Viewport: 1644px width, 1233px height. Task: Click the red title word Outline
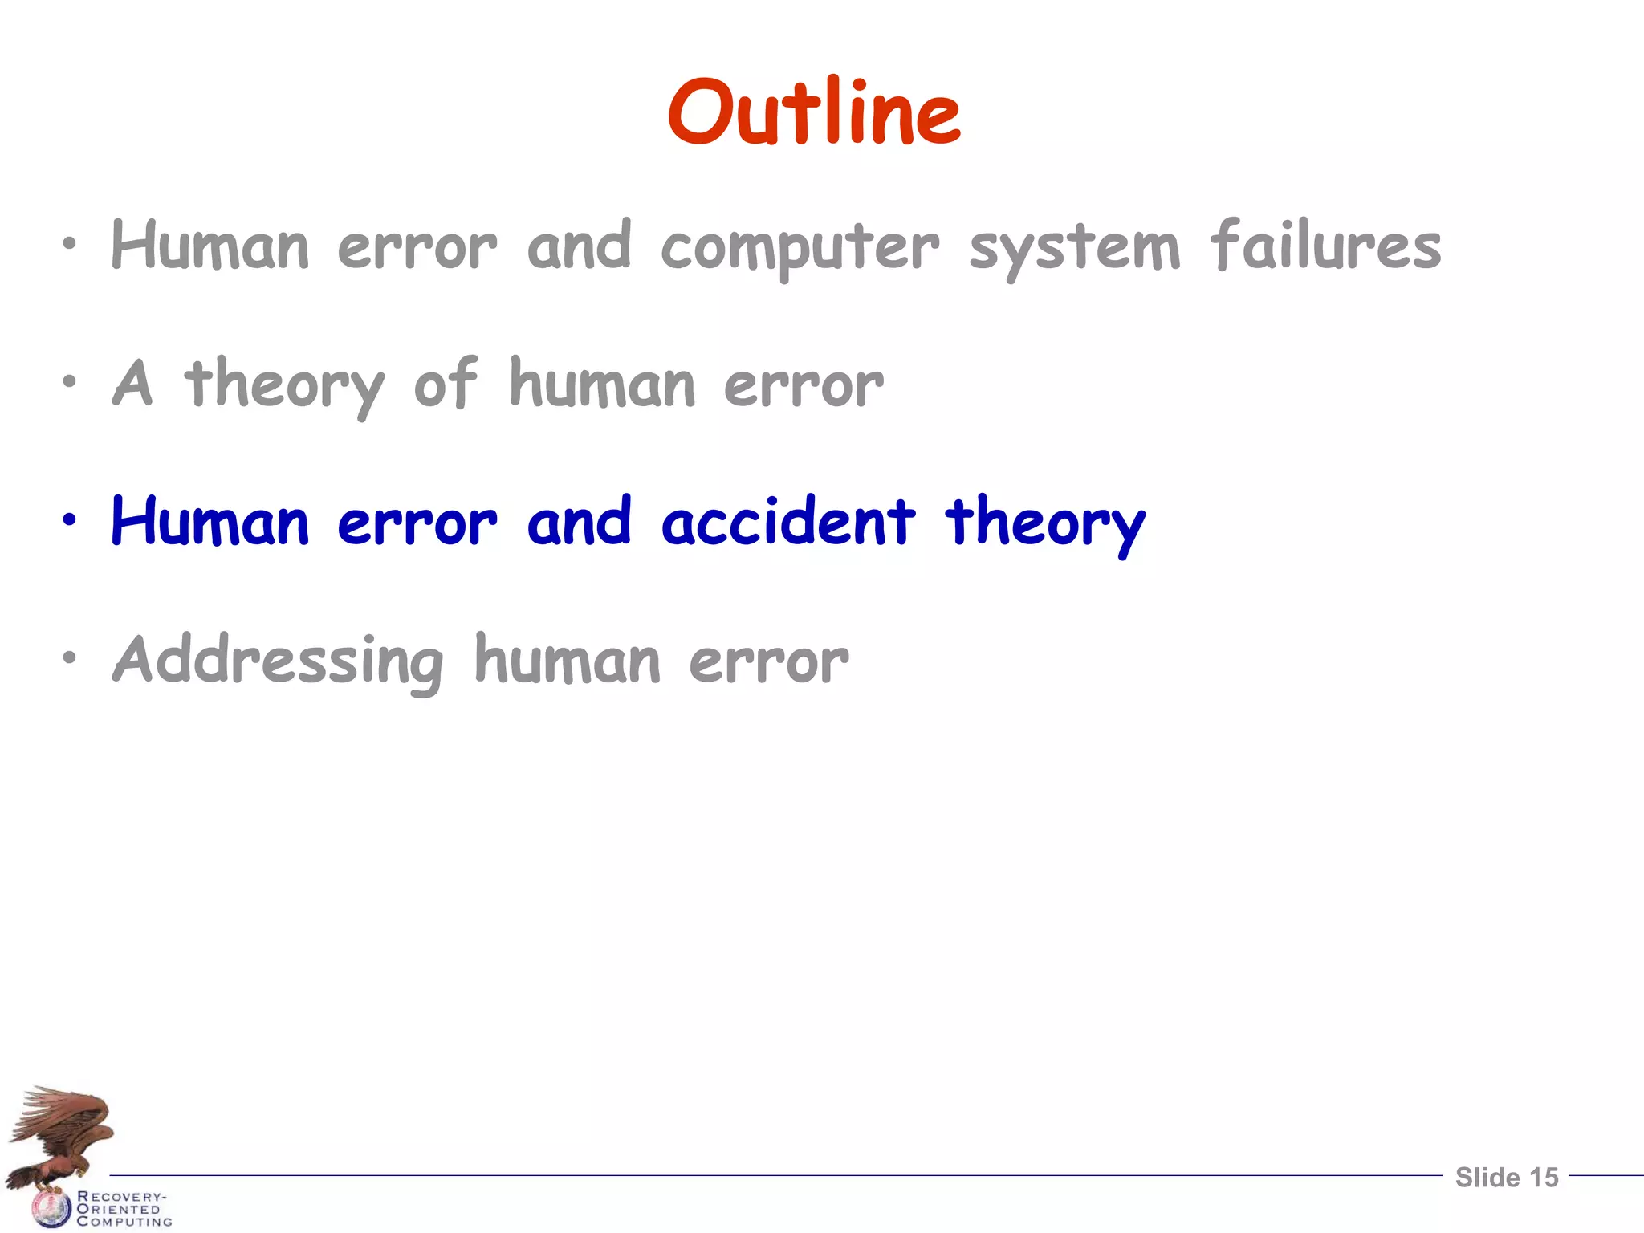click(x=813, y=112)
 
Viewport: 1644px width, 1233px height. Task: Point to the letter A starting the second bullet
click(x=132, y=384)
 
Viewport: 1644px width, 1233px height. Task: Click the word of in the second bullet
click(x=445, y=384)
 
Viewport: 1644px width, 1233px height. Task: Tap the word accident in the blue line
click(x=787, y=522)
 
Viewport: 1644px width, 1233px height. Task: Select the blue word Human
click(x=210, y=522)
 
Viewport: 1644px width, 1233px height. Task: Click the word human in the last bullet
click(x=567, y=660)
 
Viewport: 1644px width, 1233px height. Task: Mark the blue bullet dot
click(x=71, y=520)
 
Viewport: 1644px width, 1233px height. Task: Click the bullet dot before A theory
click(x=71, y=382)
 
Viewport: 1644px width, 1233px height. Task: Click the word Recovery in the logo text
click(x=121, y=1196)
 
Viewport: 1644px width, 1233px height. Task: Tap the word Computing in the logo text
click(x=124, y=1222)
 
